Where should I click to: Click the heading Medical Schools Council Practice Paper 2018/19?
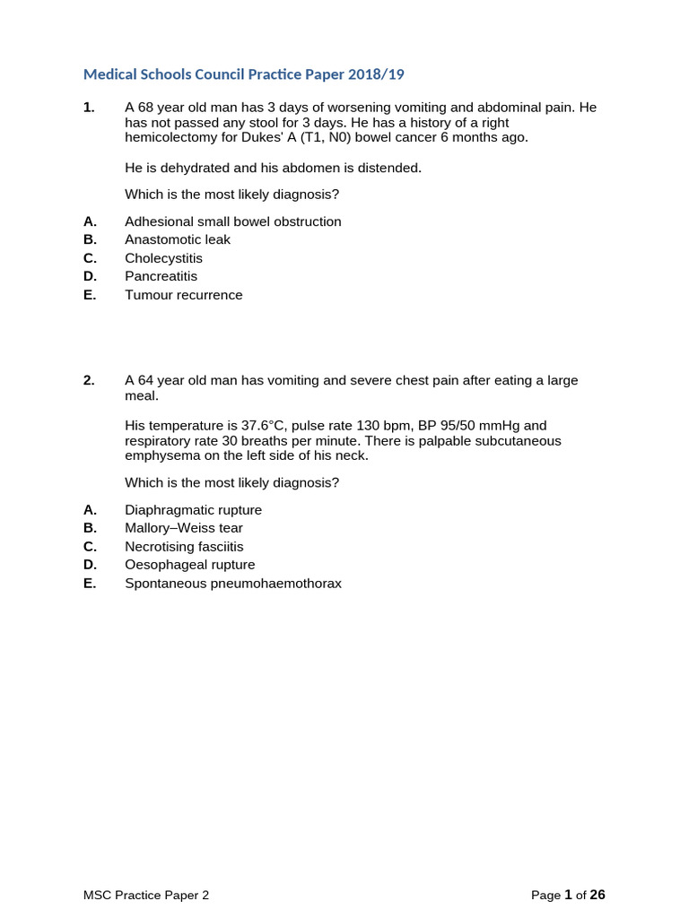pyautogui.click(x=250, y=74)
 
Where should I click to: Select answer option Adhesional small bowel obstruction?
pyautogui.click(x=232, y=221)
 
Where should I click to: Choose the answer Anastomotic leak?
pyautogui.click(x=178, y=239)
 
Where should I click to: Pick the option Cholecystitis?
pyautogui.click(x=164, y=258)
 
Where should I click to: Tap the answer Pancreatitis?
pyautogui.click(x=161, y=276)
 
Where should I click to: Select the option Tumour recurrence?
pyautogui.click(x=184, y=295)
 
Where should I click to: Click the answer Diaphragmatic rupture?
pyautogui.click(x=193, y=510)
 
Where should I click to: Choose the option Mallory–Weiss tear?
pyautogui.click(x=184, y=528)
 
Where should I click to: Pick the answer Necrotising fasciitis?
pyautogui.click(x=184, y=547)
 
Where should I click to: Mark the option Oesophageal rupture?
pyautogui.click(x=189, y=565)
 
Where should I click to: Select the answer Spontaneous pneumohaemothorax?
pyautogui.click(x=233, y=584)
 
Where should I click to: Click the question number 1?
pyautogui.click(x=88, y=108)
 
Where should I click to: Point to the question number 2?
pyautogui.click(x=88, y=380)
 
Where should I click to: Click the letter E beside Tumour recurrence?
pyautogui.click(x=88, y=295)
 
